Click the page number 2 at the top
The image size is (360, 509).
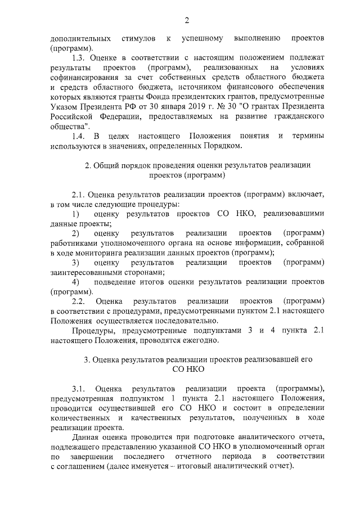[x=187, y=21]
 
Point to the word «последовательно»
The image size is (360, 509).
[x=181, y=320]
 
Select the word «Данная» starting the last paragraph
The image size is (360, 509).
[x=85, y=437]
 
